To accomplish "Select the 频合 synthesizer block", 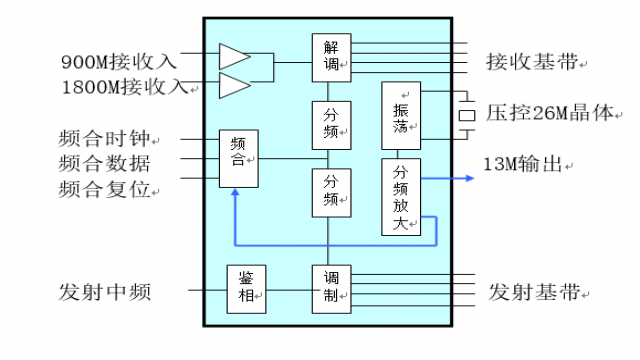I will coord(239,158).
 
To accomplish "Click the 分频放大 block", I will coord(401,196).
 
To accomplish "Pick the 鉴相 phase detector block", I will coord(246,289).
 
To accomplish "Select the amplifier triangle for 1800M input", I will coord(233,86).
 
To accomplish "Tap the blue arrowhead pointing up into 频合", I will coord(233,195).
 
